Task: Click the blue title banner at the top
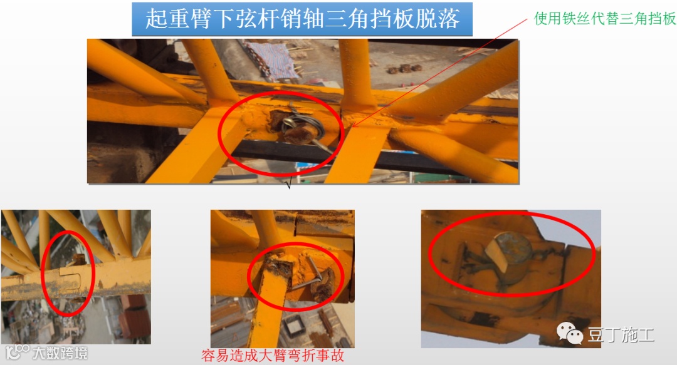[302, 19]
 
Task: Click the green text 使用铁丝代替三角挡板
[605, 19]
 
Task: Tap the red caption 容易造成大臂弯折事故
[273, 356]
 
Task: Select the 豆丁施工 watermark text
[621, 335]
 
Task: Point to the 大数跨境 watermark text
[60, 353]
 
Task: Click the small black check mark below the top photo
[288, 184]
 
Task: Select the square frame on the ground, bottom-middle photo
[294, 325]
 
